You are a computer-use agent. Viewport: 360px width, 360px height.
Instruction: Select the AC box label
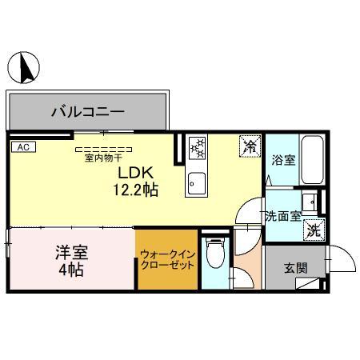(x=22, y=147)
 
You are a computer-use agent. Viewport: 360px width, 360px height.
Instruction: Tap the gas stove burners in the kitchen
(x=197, y=147)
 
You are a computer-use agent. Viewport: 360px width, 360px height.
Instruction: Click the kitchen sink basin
(x=196, y=183)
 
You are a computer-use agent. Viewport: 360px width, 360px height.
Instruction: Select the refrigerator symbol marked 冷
(x=250, y=146)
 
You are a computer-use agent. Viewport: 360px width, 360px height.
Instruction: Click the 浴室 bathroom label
(x=284, y=160)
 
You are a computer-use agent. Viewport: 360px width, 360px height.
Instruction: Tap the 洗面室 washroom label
(x=283, y=215)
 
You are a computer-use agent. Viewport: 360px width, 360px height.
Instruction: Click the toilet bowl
(x=214, y=258)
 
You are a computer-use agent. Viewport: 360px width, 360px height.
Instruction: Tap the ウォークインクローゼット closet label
(x=167, y=260)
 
